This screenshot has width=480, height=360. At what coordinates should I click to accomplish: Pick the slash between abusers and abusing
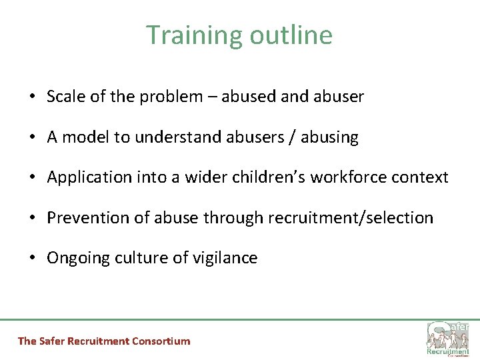292,137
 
